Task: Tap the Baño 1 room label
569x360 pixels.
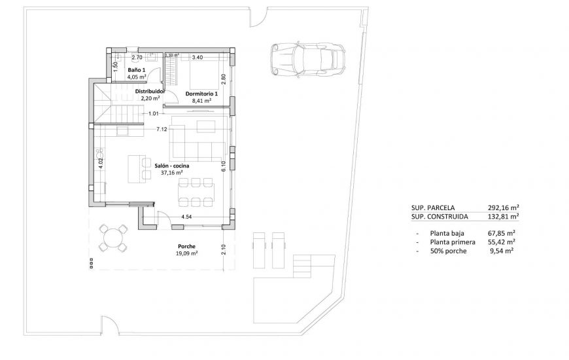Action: (136, 69)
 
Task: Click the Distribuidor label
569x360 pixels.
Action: (150, 92)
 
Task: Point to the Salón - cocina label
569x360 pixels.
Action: (172, 166)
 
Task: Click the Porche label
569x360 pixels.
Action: (187, 246)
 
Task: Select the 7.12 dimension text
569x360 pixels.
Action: (161, 130)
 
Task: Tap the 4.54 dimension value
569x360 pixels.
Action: (186, 216)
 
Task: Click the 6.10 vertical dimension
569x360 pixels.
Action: (223, 166)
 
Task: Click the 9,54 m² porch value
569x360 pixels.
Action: (501, 251)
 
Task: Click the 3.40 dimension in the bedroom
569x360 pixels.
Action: (198, 57)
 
